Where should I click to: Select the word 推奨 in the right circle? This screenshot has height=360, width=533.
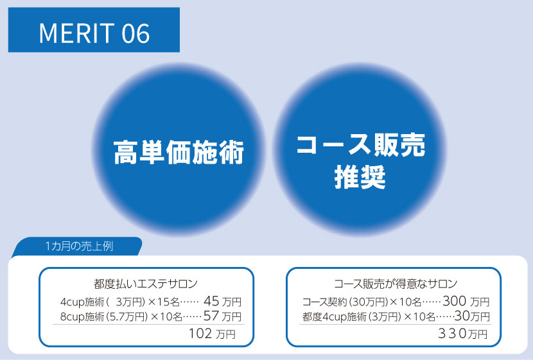(x=360, y=178)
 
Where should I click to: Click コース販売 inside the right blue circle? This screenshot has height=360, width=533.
(x=360, y=146)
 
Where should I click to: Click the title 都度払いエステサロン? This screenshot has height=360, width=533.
(x=145, y=283)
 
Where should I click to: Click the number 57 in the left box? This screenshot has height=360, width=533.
(x=211, y=316)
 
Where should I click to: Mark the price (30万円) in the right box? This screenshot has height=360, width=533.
(x=369, y=302)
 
